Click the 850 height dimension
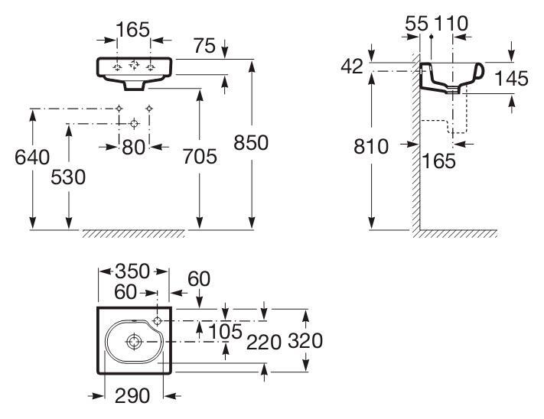coord(252,143)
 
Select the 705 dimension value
coord(201,157)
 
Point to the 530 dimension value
coord(69,177)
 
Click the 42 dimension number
coord(353,67)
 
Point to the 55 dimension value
coord(416,24)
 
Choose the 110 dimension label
coord(451,24)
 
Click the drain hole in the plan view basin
coord(133,340)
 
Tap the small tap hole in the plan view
coord(158,320)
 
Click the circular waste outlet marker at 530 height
coord(134,122)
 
